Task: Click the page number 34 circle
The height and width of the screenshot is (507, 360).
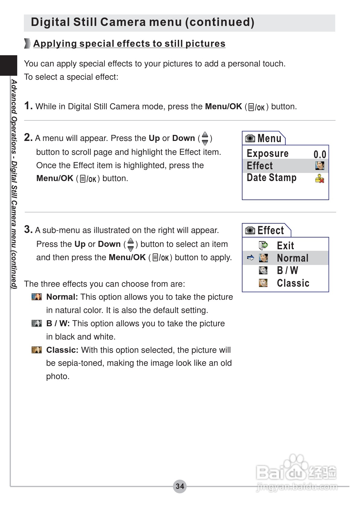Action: click(180, 486)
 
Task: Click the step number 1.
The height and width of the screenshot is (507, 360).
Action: click(28, 106)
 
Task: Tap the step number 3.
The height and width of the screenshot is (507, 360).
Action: click(28, 229)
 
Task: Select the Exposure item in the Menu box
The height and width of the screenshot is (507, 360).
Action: click(267, 153)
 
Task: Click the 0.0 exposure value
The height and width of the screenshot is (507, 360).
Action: click(320, 154)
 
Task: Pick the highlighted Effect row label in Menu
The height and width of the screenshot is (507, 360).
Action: click(259, 166)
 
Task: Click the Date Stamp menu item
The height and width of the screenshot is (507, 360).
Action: click(271, 177)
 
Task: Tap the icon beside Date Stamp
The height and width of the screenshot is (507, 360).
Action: click(320, 179)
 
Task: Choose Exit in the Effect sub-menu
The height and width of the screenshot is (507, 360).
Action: click(285, 246)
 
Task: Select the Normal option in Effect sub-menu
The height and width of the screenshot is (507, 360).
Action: click(292, 258)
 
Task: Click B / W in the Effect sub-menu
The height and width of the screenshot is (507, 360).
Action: click(287, 270)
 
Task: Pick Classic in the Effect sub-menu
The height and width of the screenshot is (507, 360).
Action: click(293, 283)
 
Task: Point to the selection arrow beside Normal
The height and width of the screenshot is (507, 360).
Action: click(250, 258)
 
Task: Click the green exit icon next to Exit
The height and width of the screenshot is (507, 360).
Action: click(263, 245)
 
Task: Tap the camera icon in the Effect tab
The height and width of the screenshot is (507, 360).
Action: click(250, 231)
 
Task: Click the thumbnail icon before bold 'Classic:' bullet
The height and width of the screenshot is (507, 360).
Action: click(37, 350)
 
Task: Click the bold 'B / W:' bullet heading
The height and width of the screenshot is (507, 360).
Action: click(58, 324)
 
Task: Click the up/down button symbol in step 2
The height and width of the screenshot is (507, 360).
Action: click(205, 138)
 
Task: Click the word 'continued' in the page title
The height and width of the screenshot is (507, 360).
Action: click(220, 22)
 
